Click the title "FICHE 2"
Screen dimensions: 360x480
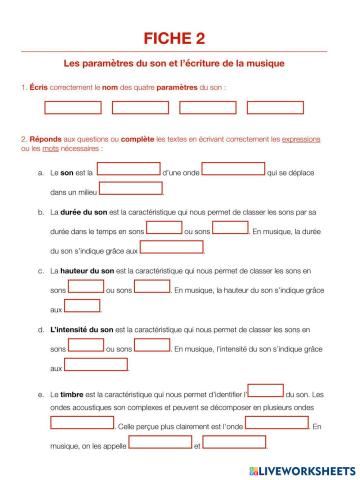180,38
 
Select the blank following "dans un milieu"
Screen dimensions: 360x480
130,188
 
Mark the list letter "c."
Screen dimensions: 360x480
39,270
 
